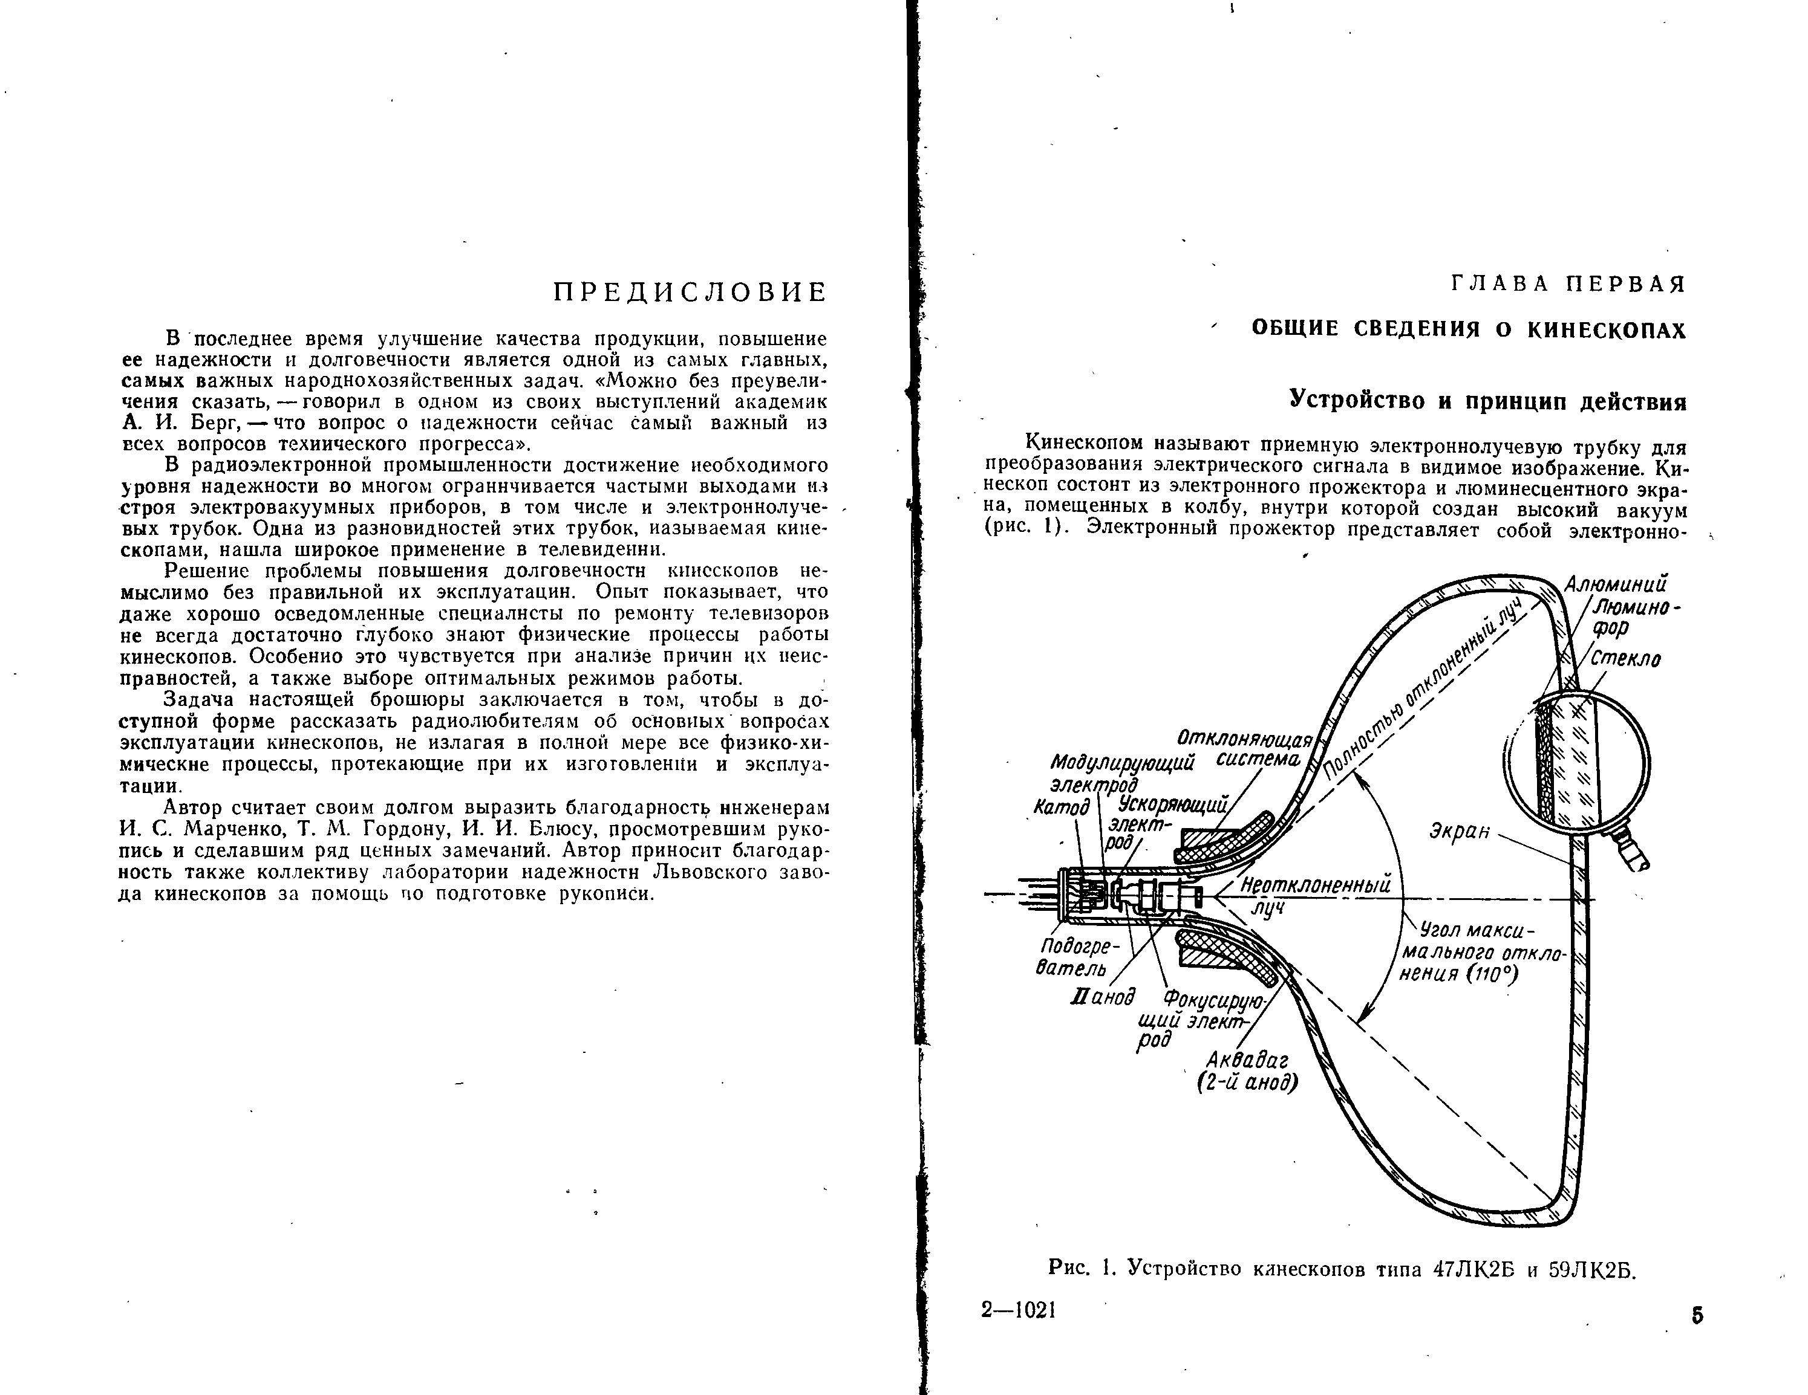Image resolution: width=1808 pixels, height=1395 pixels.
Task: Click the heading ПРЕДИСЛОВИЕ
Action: pos(690,292)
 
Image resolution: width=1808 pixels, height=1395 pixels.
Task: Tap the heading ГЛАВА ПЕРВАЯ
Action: pos(1568,284)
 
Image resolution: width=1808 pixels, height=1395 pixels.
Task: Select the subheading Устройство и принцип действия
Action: pos(1489,401)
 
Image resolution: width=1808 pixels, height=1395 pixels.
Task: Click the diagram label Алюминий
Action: pos(1615,584)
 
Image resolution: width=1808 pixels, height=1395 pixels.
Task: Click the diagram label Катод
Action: pos(1062,807)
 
